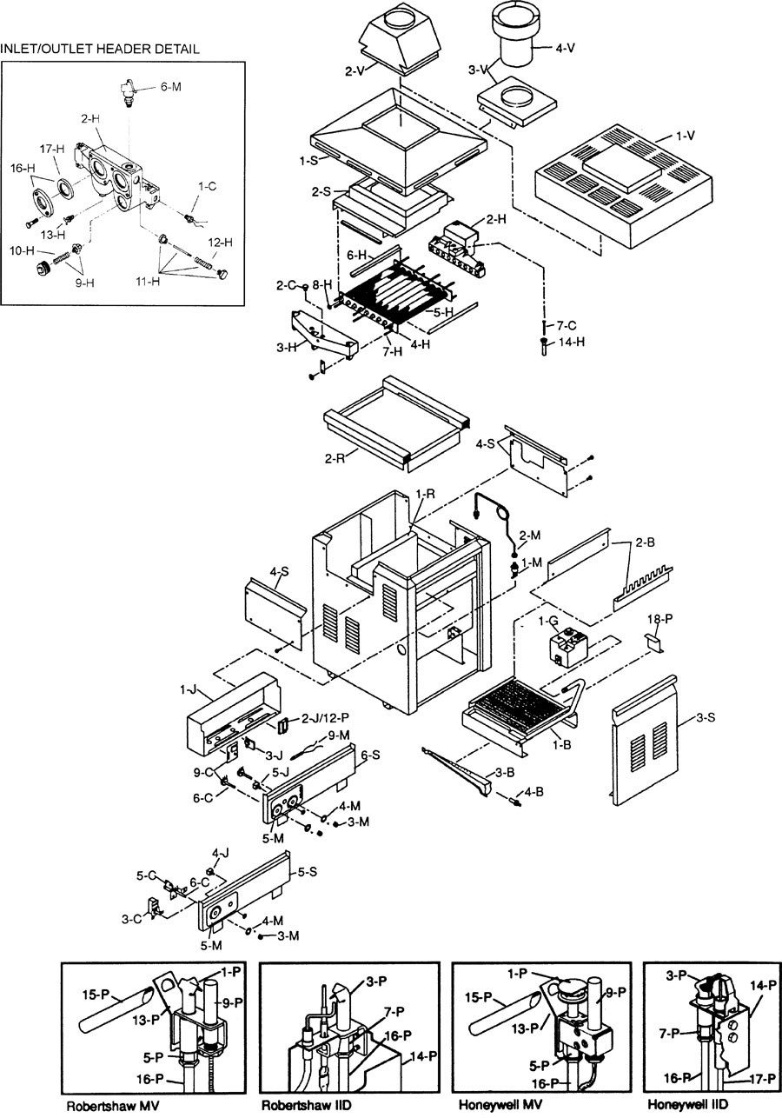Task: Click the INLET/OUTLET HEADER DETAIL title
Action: pyautogui.click(x=101, y=50)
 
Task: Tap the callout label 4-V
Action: pyautogui.click(x=565, y=48)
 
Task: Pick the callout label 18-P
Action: pyautogui.click(x=661, y=618)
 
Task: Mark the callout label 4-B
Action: pyautogui.click(x=533, y=792)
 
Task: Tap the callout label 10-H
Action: pyautogui.click(x=21, y=250)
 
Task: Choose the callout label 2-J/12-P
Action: pyautogui.click(x=321, y=719)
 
